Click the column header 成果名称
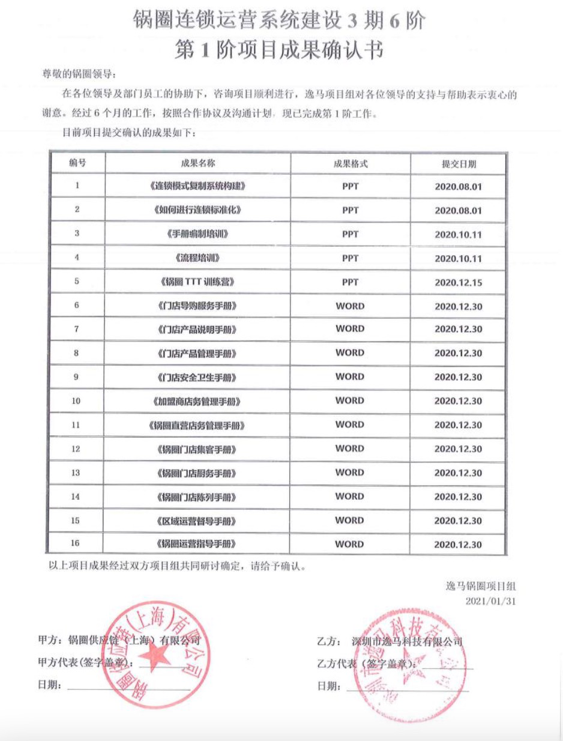pyautogui.click(x=197, y=163)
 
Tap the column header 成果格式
pyautogui.click(x=350, y=163)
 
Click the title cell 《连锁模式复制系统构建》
pyautogui.click(x=197, y=186)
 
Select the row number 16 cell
pyautogui.click(x=76, y=545)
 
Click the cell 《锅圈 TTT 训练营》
pyautogui.click(x=197, y=282)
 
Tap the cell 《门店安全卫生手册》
pyautogui.click(x=197, y=378)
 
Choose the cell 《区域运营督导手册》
pyautogui.click(x=197, y=521)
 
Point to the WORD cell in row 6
pyautogui.click(x=350, y=306)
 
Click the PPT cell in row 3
pyautogui.click(x=350, y=234)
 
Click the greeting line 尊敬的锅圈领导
pyautogui.click(x=78, y=74)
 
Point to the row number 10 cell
pyautogui.click(x=76, y=401)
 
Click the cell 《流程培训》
pyautogui.click(x=197, y=258)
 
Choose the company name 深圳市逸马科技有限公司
pyautogui.click(x=408, y=641)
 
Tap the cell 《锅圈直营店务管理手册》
pyautogui.click(x=197, y=425)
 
